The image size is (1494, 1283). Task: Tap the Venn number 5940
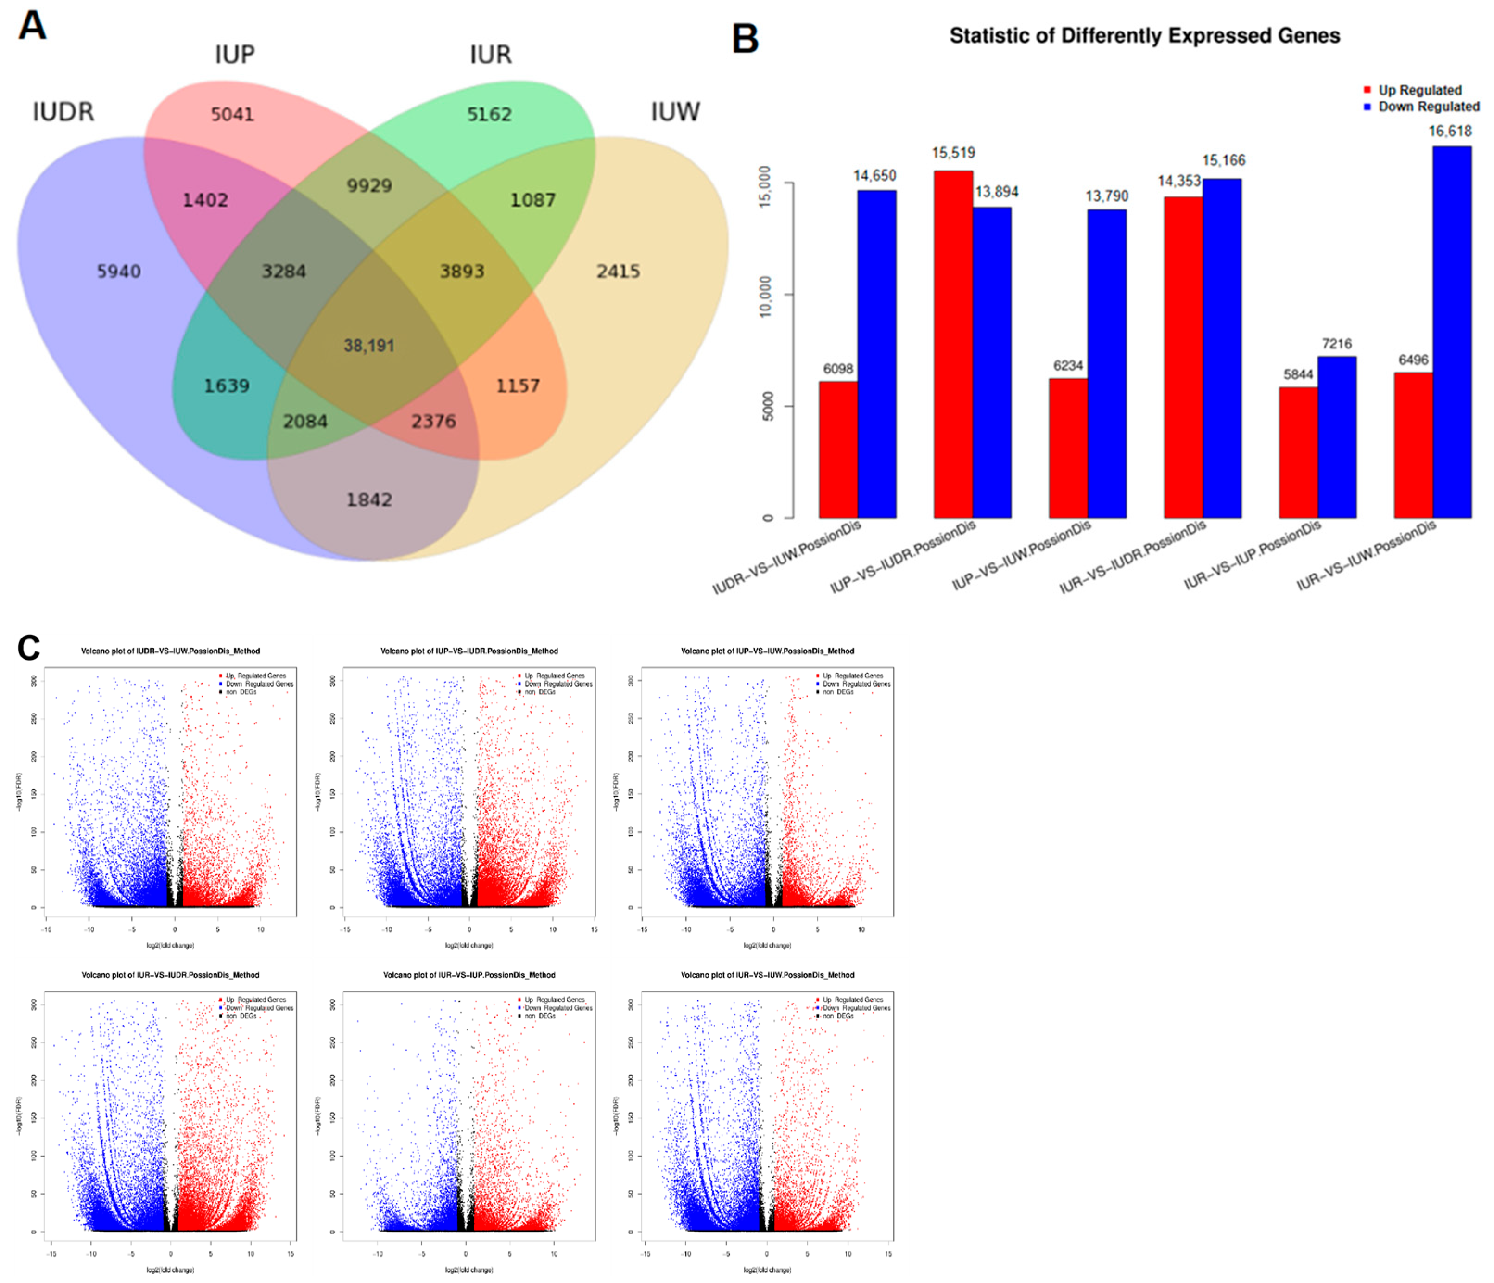click(119, 271)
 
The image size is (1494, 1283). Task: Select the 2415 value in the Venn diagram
click(618, 271)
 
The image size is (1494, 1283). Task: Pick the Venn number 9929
click(369, 185)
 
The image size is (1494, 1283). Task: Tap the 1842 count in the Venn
click(369, 499)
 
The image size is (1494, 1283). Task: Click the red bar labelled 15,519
click(952, 346)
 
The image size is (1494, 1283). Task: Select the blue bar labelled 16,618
click(1451, 332)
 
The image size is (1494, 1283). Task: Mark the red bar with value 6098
click(838, 450)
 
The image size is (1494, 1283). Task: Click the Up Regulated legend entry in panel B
click(1419, 90)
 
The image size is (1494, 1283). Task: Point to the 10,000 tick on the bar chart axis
click(766, 296)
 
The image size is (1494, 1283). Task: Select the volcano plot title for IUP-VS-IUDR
click(469, 651)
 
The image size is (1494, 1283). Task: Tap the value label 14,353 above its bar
click(1179, 181)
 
